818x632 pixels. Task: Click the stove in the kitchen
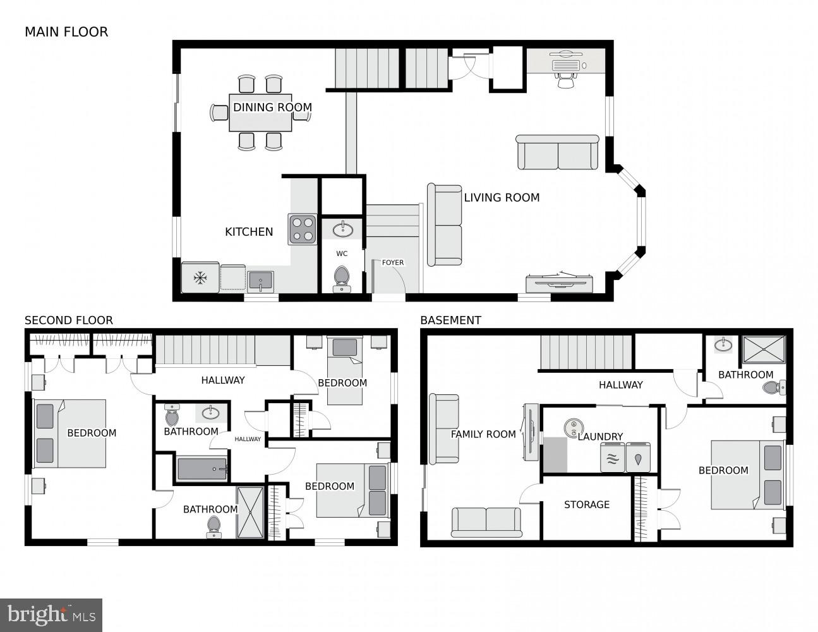[303, 229]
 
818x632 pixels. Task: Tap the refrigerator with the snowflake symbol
[200, 278]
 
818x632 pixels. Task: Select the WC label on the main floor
[342, 254]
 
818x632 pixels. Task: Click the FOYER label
[392, 263]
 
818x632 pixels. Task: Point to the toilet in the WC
[342, 277]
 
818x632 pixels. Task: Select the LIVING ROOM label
[502, 198]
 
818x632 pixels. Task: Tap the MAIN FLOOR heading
[66, 32]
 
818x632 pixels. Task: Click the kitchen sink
[260, 280]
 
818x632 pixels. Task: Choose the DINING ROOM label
[272, 107]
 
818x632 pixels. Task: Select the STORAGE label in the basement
[586, 504]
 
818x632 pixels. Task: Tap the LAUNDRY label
[600, 437]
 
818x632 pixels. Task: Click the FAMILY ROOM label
[483, 434]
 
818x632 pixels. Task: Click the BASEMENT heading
[450, 320]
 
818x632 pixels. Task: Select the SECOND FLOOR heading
[69, 320]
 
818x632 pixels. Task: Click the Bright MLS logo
[51, 614]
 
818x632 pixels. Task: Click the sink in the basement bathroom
[724, 345]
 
